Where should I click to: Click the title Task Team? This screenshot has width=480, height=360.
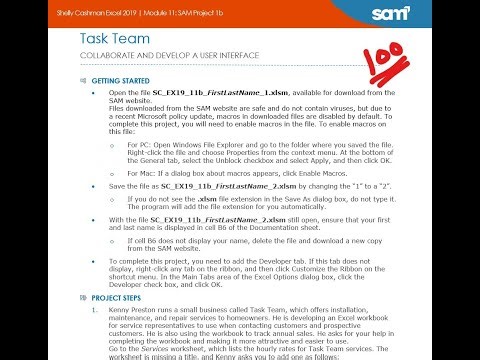point(119,37)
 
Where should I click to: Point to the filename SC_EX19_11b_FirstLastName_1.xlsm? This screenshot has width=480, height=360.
point(211,91)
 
